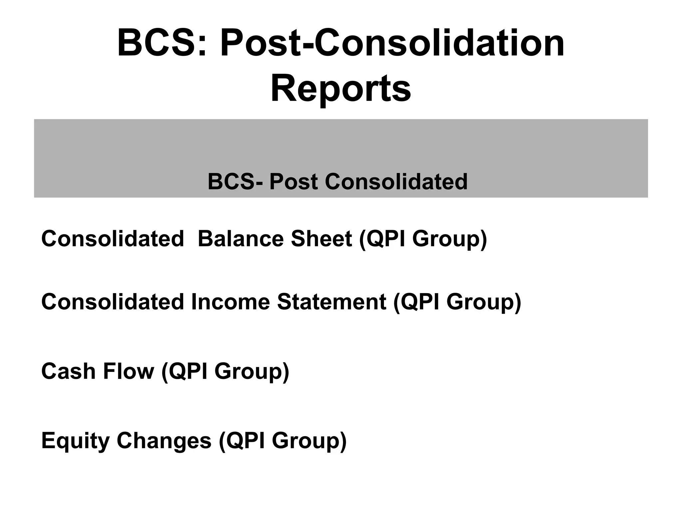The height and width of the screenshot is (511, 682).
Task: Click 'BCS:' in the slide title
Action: (x=162, y=43)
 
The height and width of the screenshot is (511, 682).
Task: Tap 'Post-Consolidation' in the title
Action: (x=392, y=43)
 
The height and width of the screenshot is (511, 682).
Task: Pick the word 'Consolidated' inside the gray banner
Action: (x=396, y=182)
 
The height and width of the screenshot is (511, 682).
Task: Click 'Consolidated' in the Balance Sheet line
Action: (x=112, y=239)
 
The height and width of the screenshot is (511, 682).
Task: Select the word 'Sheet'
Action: (x=321, y=239)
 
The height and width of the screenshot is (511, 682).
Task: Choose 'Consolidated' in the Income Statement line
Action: (x=112, y=302)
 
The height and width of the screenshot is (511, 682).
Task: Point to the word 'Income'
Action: (x=230, y=302)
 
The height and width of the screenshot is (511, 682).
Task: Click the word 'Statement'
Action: (x=331, y=302)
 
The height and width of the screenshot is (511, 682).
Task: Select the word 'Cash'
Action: (x=68, y=371)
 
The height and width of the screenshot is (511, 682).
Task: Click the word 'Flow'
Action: (x=129, y=371)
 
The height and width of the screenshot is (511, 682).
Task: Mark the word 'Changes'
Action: (x=164, y=441)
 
